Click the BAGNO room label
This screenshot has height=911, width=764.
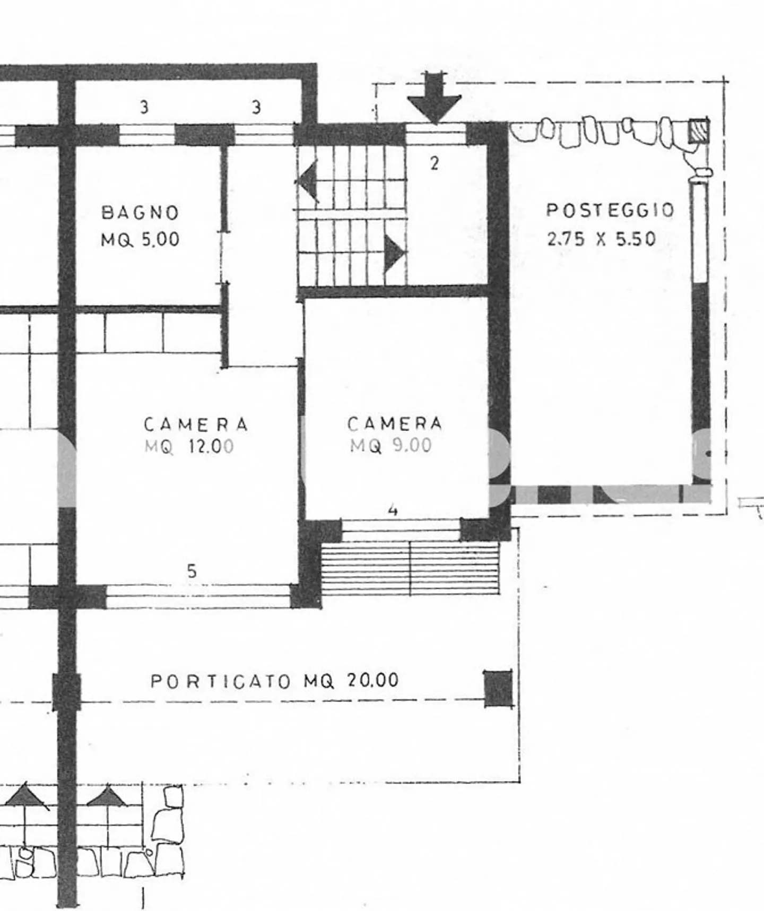140,213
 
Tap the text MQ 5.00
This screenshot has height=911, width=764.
140,240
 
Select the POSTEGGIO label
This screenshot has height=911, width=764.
610,210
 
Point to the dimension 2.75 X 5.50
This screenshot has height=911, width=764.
601,239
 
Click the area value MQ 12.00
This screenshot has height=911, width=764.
189,447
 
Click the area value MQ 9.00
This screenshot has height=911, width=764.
391,446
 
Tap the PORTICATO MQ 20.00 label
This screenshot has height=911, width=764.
274,681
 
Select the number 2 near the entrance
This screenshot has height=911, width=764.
435,163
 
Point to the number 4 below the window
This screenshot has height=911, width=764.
393,510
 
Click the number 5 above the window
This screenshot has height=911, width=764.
192,571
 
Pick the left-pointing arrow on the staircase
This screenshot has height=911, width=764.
308,180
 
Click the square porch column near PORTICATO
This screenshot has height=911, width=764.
499,688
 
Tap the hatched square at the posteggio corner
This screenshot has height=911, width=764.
698,131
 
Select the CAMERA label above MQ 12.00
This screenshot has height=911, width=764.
196,424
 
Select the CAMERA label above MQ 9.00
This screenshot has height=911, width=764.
395,423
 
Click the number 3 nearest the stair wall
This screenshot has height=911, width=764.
256,108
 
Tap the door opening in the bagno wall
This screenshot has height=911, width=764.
224,257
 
